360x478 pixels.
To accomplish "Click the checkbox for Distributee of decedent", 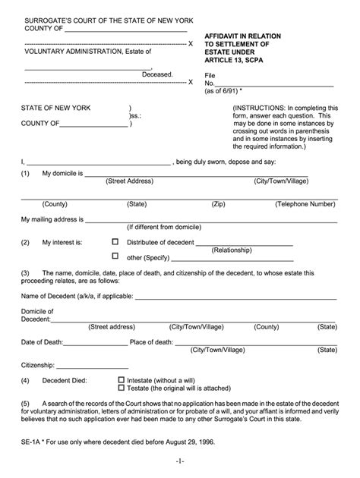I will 115,242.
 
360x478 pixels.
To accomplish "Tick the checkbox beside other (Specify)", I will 115,256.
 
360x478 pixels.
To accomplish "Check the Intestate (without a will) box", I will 122,379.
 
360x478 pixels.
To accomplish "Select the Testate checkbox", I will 122,388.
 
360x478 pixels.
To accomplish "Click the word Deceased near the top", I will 158,74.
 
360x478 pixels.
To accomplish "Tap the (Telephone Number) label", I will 305,204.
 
